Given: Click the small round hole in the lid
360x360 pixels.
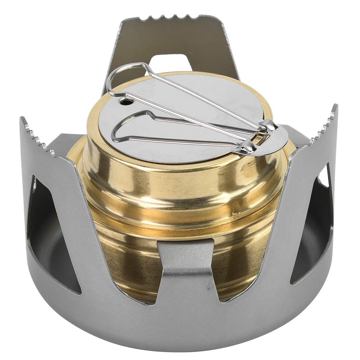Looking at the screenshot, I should click(x=126, y=102).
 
